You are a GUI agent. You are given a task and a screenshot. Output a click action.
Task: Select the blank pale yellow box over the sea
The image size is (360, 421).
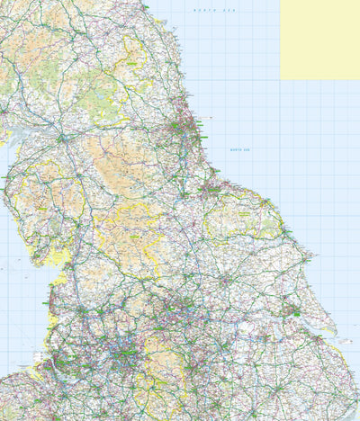(319, 40)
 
